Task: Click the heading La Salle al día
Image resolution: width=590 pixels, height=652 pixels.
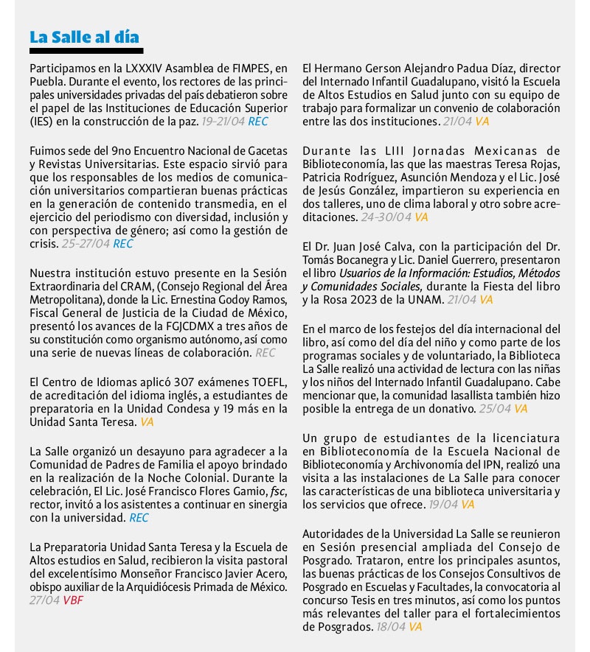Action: coord(84,37)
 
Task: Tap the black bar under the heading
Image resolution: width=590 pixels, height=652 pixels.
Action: coord(86,51)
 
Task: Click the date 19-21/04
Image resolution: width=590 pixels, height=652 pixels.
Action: coord(223,121)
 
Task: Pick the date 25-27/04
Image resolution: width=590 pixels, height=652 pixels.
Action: coord(86,244)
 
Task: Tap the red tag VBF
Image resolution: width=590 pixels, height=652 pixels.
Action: coord(73,600)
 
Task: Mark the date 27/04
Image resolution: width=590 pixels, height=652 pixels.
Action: coord(44,600)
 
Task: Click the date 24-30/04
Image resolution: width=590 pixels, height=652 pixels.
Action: coord(386,217)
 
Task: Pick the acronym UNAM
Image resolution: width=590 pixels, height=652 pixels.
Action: coord(426,300)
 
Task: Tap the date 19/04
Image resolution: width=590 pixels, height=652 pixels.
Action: coord(445,505)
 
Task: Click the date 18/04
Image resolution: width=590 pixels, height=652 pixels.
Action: coord(392,627)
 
